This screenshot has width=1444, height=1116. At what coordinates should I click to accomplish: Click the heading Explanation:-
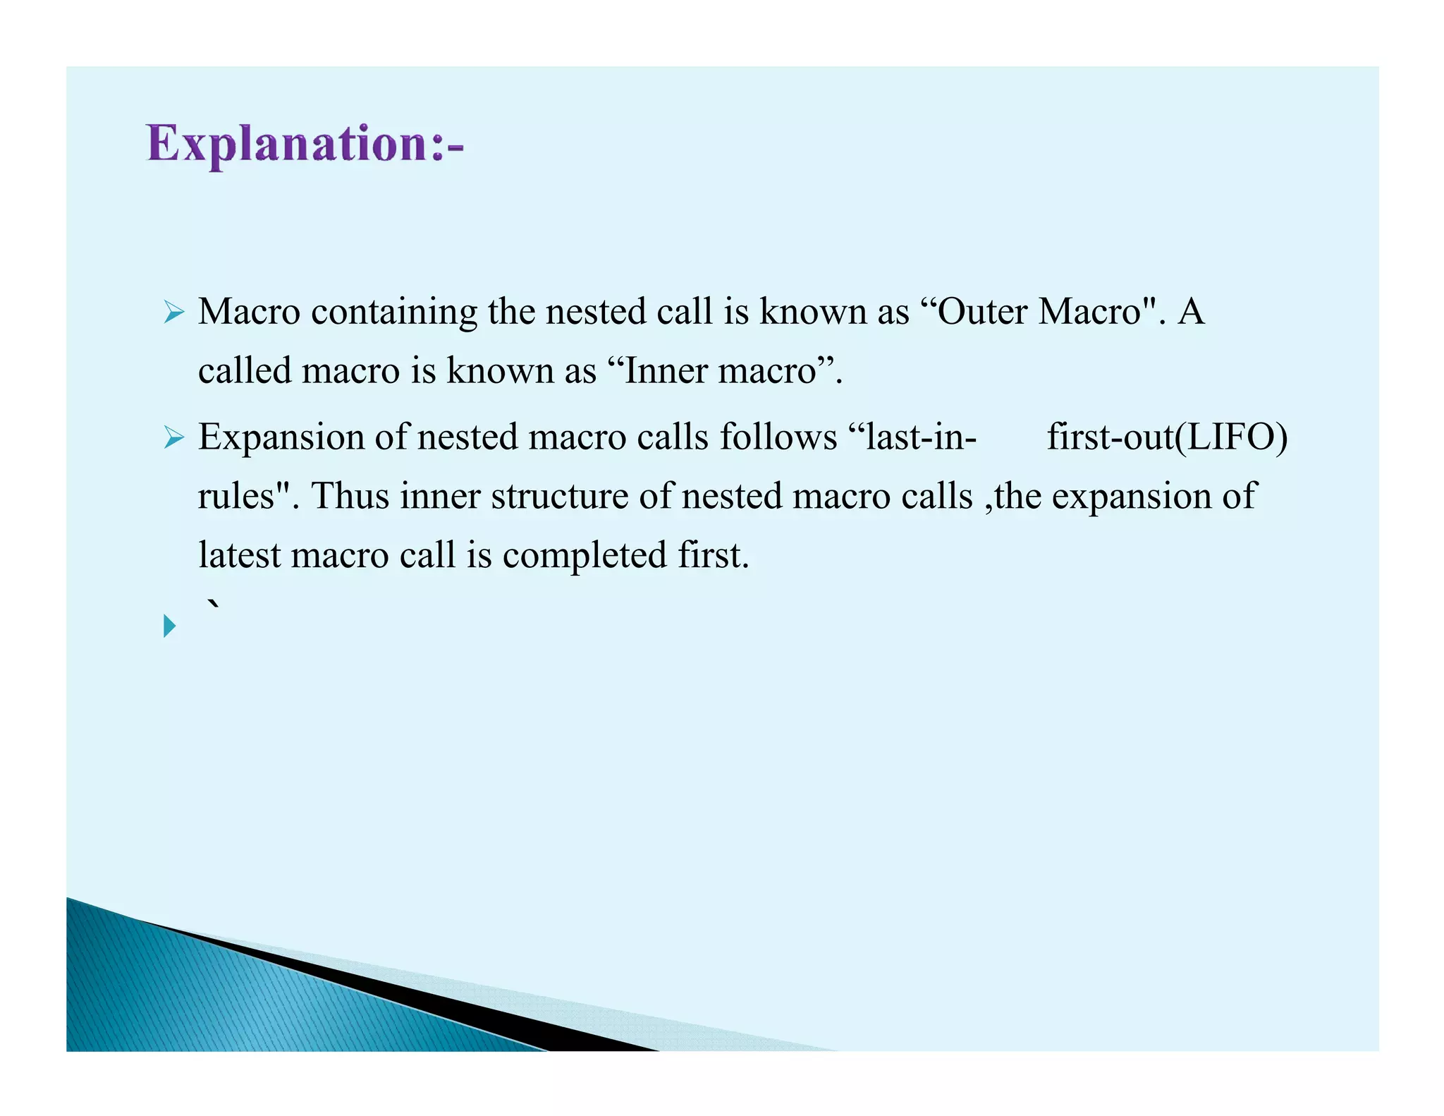pyautogui.click(x=305, y=145)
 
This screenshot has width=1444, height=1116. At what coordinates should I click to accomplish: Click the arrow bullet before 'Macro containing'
pyautogui.click(x=173, y=312)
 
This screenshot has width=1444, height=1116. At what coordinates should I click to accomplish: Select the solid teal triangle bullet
pyautogui.click(x=169, y=626)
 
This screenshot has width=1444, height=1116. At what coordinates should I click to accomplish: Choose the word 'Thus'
pyautogui.click(x=350, y=496)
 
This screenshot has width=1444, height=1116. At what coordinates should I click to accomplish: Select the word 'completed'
pyautogui.click(x=584, y=555)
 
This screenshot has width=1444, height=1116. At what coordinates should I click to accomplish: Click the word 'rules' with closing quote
pyautogui.click(x=243, y=496)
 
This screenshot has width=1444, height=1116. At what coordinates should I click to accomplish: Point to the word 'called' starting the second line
pyautogui.click(x=244, y=371)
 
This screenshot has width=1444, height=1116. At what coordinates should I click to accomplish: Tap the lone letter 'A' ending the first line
pyautogui.click(x=1191, y=312)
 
